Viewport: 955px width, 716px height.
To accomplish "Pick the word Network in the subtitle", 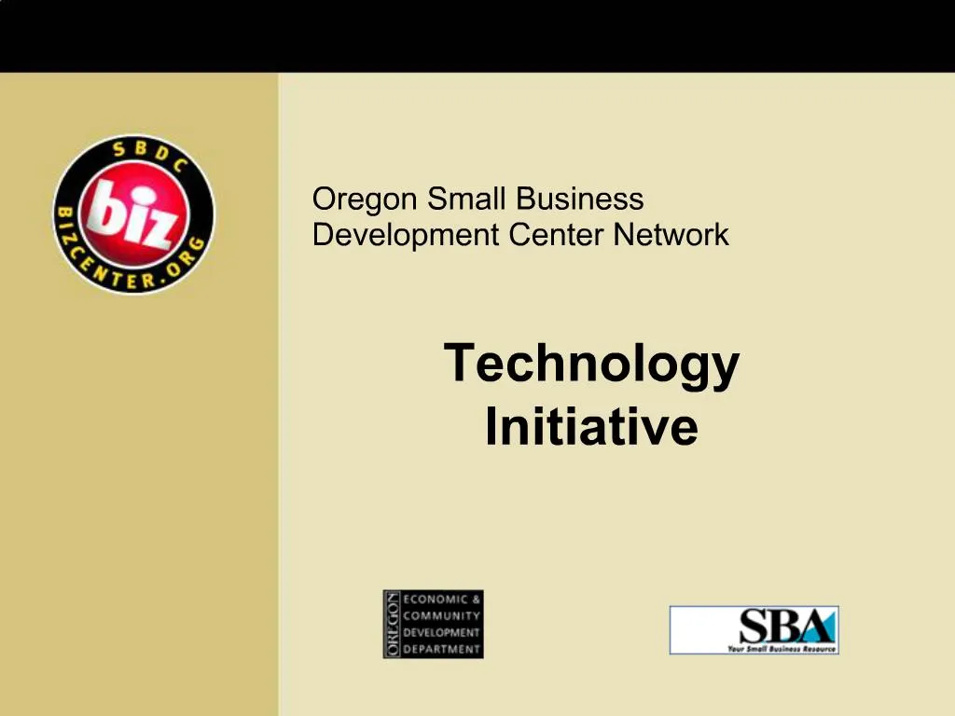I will point(671,235).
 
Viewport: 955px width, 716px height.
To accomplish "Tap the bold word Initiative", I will point(591,427).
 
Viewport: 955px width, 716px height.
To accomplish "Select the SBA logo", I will point(754,629).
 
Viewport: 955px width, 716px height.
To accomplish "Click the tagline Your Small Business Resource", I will point(782,648).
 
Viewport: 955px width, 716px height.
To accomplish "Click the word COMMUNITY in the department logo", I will point(441,615).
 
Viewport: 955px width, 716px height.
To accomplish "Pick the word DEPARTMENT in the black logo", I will point(441,649).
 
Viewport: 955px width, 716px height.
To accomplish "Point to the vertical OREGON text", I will point(393,625).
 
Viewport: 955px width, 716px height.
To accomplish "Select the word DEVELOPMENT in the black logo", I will point(441,632).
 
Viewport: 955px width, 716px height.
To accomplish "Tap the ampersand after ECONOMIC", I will point(476,599).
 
